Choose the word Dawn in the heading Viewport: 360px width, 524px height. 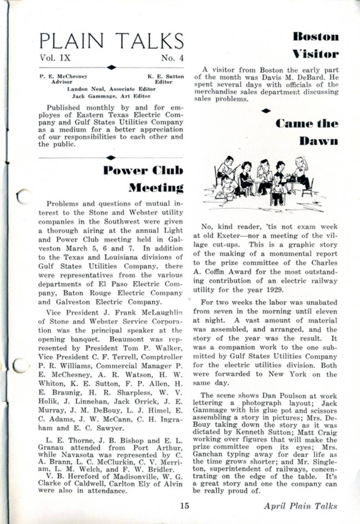pyautogui.click(x=318, y=141)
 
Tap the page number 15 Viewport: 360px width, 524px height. pyautogui.click(x=184, y=506)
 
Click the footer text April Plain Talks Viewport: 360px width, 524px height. pyautogui.click(x=300, y=506)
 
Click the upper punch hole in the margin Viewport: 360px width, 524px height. pyautogui.click(x=24, y=197)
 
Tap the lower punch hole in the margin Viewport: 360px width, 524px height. pyautogui.click(x=21, y=365)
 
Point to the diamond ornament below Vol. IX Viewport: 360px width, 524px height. pyautogui.click(x=111, y=67)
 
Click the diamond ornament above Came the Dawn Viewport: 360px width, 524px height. pyautogui.click(x=266, y=111)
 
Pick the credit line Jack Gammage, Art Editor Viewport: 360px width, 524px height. pyautogui.click(x=111, y=96)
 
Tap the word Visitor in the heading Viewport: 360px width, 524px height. pyautogui.click(x=316, y=54)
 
